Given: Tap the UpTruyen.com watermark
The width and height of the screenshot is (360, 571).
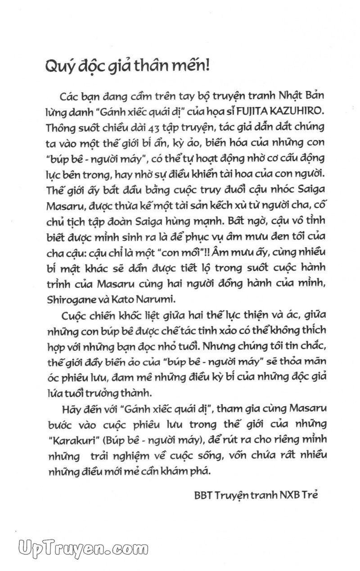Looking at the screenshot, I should tap(84, 549).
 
